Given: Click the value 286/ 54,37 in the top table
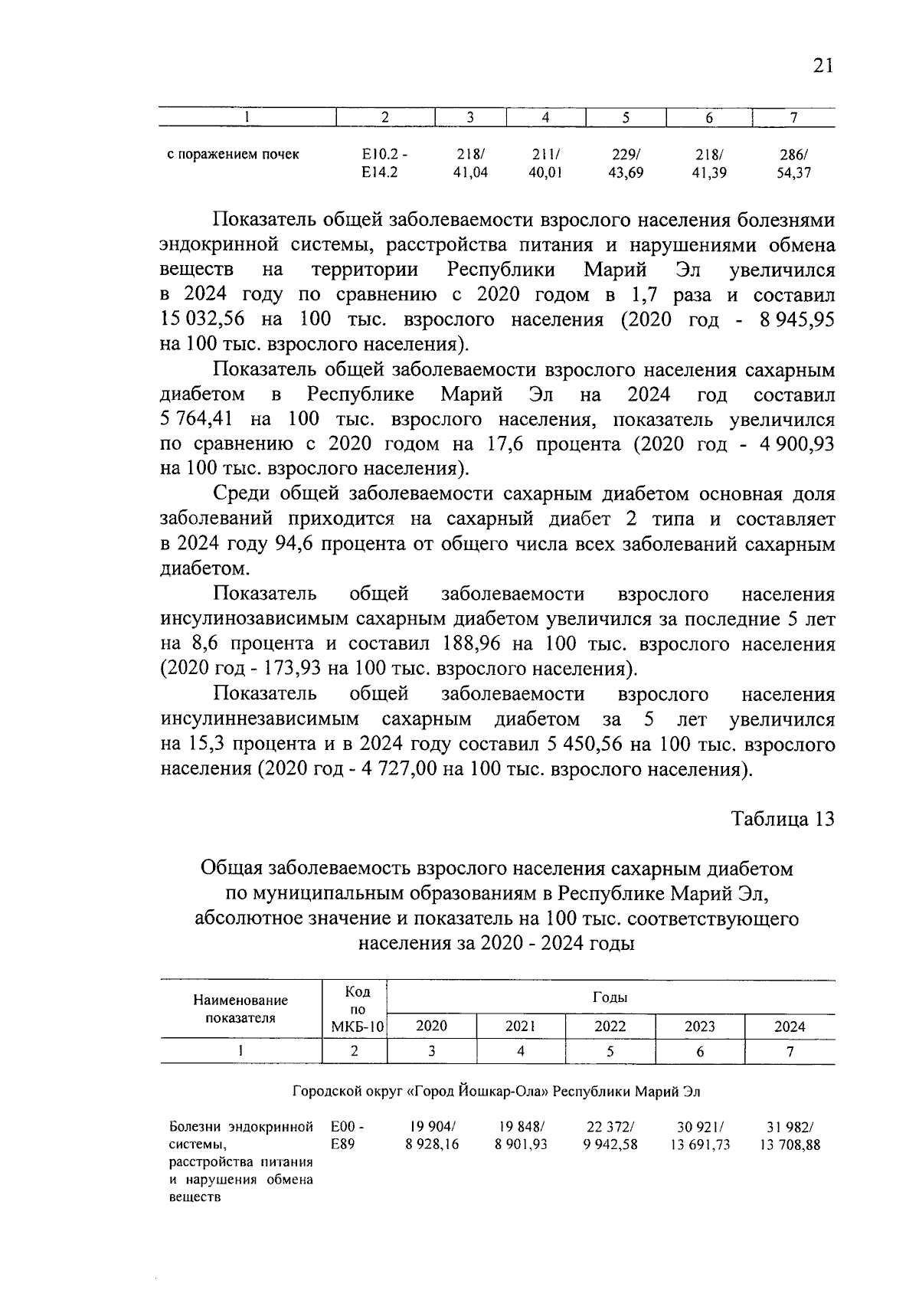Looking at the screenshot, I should click(x=793, y=163).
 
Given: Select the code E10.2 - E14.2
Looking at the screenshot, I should click(x=384, y=163).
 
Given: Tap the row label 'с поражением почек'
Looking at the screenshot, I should click(x=233, y=155).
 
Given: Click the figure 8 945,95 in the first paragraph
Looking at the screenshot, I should click(x=796, y=319).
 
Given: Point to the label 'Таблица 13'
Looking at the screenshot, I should click(x=782, y=819).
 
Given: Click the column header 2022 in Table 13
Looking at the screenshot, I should click(x=610, y=1027).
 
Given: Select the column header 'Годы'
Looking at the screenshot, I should click(x=610, y=998).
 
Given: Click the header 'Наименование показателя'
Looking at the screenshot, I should click(x=240, y=1009).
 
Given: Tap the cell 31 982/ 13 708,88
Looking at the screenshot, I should click(x=790, y=1136).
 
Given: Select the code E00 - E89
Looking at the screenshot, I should click(x=346, y=1135).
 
